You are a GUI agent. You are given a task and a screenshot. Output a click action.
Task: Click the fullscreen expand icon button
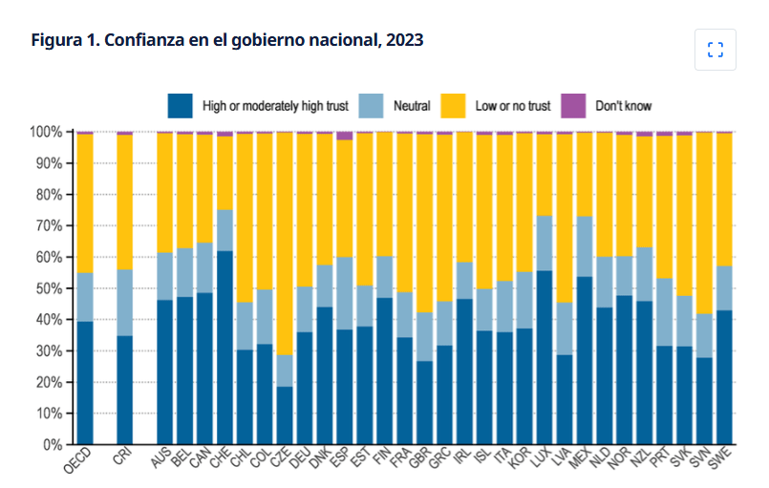coord(716,50)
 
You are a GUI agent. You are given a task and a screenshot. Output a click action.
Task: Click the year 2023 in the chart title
coord(404,40)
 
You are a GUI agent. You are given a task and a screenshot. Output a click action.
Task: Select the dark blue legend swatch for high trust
coord(180,106)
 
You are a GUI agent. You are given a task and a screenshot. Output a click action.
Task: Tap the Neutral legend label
coord(412,106)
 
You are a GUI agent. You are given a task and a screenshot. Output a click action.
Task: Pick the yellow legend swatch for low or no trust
coord(453,106)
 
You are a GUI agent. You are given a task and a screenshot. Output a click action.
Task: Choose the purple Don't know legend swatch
coord(573,106)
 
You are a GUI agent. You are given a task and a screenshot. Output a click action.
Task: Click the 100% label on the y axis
coord(46,132)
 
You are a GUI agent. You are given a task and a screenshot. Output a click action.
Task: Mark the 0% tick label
coord(53,445)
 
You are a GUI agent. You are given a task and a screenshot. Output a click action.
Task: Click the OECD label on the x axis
coord(78,460)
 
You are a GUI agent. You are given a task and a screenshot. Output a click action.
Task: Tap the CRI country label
coord(122,456)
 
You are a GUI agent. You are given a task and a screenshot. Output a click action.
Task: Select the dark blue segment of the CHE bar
coord(224,348)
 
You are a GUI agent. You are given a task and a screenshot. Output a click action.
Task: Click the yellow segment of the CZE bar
coord(285,244)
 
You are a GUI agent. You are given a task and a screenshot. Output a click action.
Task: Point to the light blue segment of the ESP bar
coord(345,293)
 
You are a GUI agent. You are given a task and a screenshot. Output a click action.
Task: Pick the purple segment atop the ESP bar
coord(345,136)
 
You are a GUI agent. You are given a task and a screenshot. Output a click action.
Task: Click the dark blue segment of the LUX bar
coord(545,357)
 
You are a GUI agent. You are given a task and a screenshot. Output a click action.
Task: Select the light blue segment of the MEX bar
coord(585,246)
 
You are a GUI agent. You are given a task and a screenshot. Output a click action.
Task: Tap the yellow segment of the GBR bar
coord(425,223)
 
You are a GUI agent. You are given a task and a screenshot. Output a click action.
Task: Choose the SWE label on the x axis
coord(721,458)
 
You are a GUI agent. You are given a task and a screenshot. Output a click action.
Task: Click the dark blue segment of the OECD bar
coord(85,383)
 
